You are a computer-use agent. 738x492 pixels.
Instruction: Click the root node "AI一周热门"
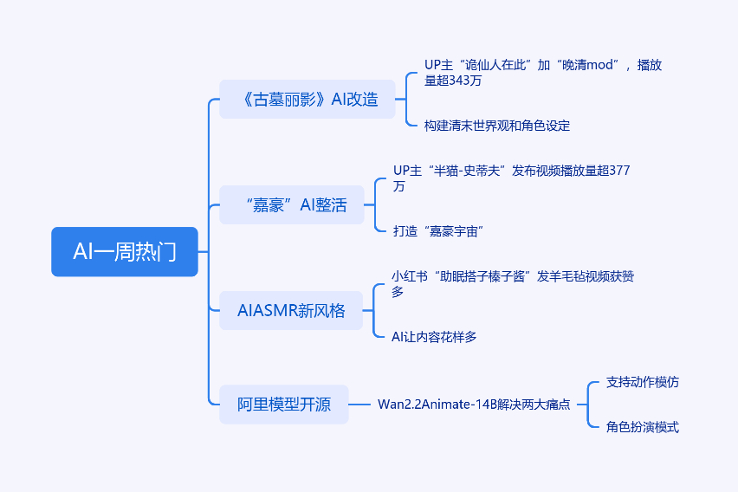(x=125, y=252)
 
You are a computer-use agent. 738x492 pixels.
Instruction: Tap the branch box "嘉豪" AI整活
(x=292, y=205)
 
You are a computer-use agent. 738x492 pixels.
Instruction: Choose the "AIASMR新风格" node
(x=291, y=311)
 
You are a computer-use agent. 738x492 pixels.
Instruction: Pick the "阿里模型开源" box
(x=284, y=405)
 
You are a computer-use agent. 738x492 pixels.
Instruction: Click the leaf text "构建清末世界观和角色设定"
(x=497, y=126)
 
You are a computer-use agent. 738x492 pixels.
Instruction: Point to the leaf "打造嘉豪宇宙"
(x=438, y=231)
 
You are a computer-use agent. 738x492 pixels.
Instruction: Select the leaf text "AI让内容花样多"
(x=434, y=337)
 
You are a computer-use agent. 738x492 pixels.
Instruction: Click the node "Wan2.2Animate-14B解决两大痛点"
(x=474, y=405)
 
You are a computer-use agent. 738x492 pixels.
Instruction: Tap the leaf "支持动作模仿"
(x=643, y=382)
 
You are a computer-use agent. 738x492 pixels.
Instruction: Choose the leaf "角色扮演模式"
(x=643, y=427)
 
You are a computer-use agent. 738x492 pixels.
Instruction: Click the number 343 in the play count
(x=461, y=81)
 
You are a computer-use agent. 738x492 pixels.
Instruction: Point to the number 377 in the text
(x=618, y=171)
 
